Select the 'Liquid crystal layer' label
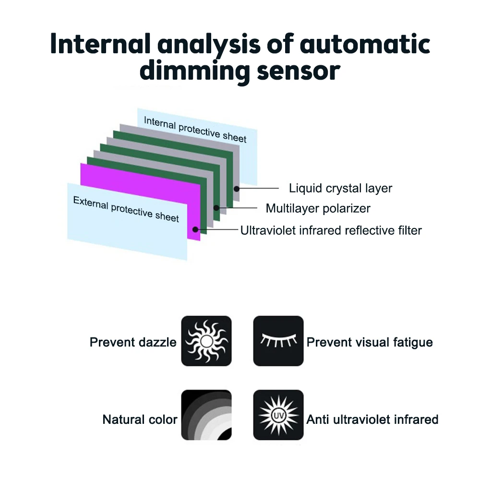[x=340, y=189]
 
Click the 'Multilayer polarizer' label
[x=318, y=209]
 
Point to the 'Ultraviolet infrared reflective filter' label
[x=331, y=231]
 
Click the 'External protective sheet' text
[x=126, y=209]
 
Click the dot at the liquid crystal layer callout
[x=237, y=189]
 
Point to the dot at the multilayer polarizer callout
[x=217, y=208]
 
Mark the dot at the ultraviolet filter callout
[x=196, y=230]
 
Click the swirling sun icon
[x=206, y=341]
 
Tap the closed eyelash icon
[x=278, y=341]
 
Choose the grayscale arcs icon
[x=206, y=415]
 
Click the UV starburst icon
[x=278, y=415]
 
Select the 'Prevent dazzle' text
[x=133, y=343]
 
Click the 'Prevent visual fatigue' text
[x=370, y=343]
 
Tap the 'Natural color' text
[x=140, y=420]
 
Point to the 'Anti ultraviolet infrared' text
[x=372, y=420]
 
